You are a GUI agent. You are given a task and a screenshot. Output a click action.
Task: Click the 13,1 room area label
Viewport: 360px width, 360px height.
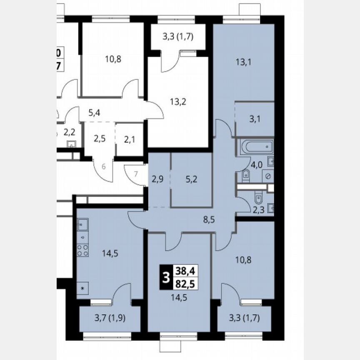tap(244, 63)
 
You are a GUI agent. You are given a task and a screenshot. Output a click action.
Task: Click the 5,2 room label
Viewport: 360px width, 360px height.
tap(192, 180)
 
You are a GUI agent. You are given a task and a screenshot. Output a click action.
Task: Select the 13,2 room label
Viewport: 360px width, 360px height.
tap(178, 101)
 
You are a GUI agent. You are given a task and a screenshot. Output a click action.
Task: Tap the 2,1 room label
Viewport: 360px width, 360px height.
tap(130, 138)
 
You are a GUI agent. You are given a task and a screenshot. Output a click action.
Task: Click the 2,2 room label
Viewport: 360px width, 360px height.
tap(69, 132)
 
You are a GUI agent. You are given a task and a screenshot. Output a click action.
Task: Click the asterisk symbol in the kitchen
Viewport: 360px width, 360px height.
tap(82, 288)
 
